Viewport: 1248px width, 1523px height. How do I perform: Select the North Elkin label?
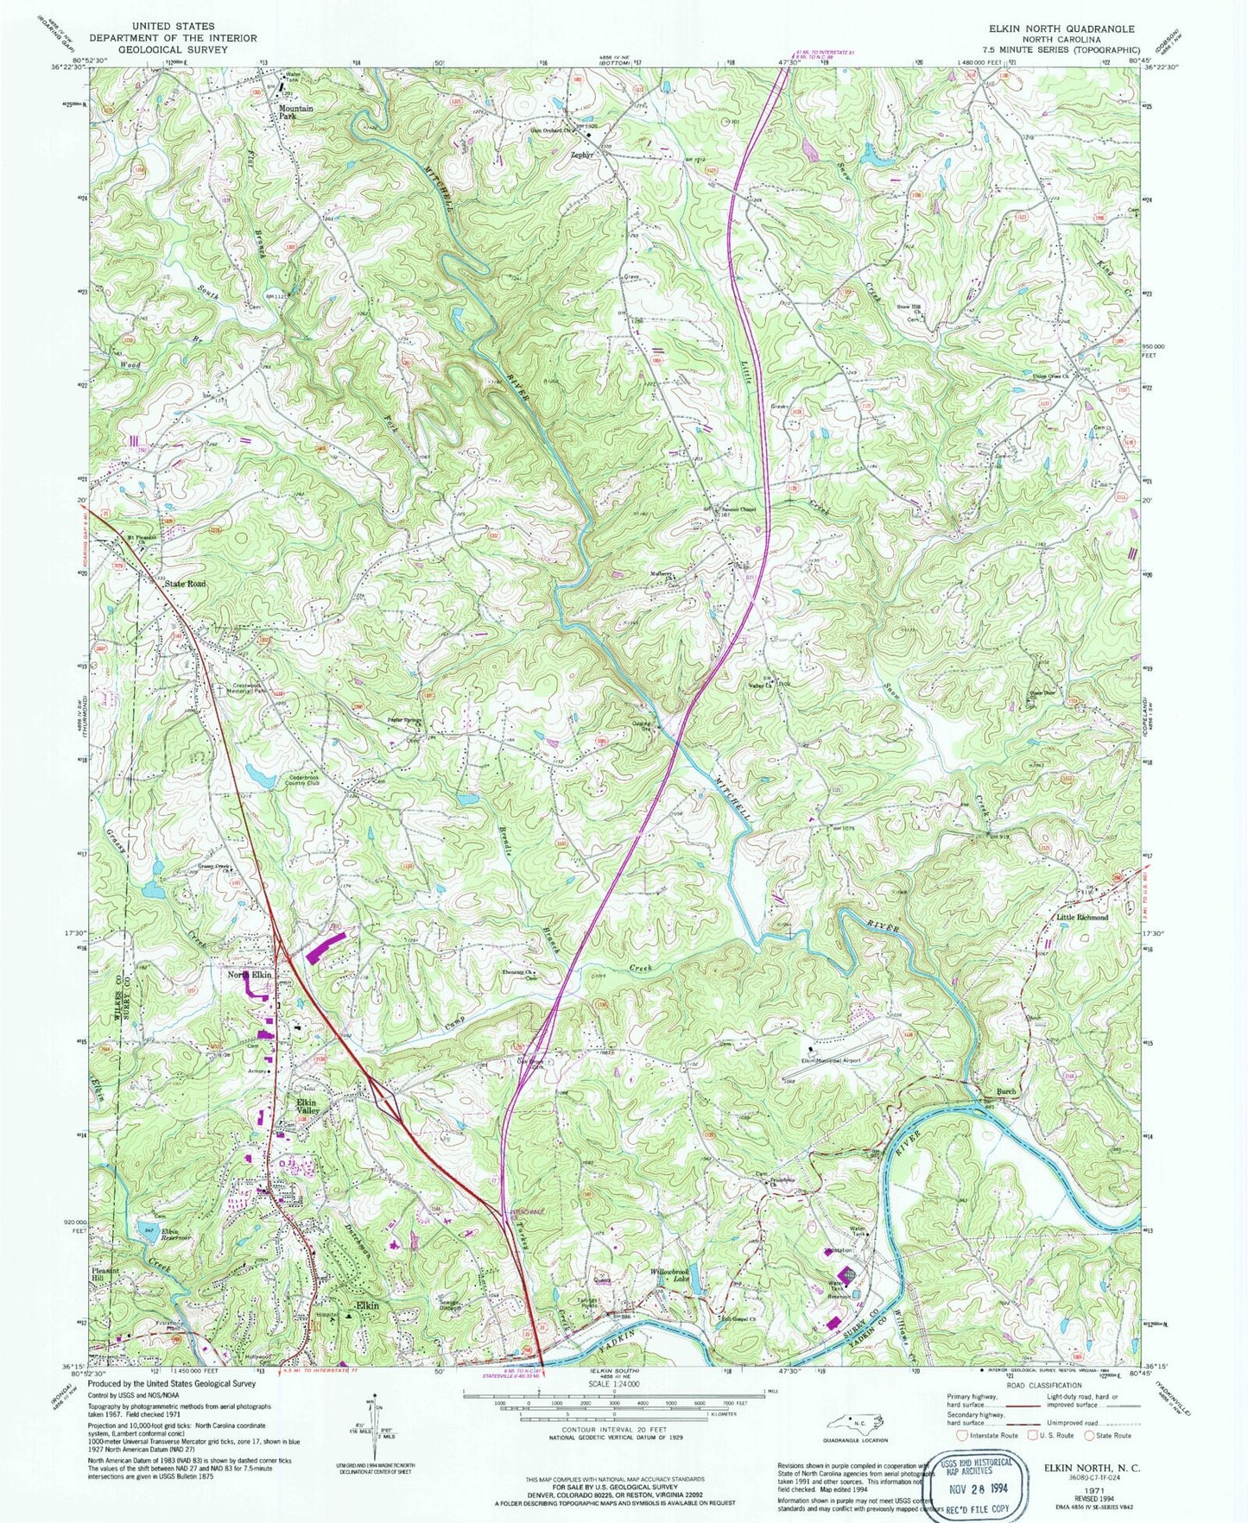pos(250,975)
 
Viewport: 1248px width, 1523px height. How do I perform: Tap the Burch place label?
pos(1004,1091)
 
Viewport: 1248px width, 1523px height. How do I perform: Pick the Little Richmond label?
pos(1082,918)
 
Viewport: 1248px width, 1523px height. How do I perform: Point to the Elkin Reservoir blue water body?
pos(147,1231)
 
